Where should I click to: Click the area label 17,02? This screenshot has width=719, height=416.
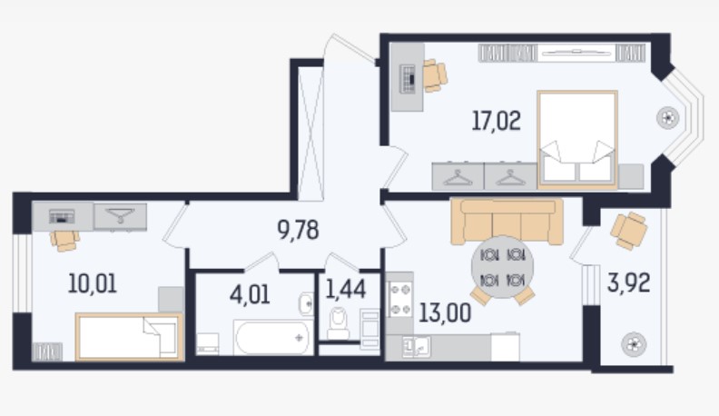(x=497, y=122)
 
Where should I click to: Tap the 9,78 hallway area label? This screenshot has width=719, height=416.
(x=298, y=230)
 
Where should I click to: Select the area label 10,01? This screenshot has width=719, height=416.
(x=93, y=283)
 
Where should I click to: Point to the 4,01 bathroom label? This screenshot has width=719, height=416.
(x=250, y=294)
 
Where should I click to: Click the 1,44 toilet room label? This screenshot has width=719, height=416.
(x=346, y=289)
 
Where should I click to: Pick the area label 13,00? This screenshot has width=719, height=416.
(x=445, y=313)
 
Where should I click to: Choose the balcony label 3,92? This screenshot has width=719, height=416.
(x=628, y=283)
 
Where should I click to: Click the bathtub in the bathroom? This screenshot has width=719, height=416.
(x=273, y=338)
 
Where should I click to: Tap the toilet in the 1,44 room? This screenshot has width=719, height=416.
(x=339, y=323)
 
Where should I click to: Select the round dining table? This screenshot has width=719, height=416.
(x=503, y=267)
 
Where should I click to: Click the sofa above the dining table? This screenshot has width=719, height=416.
(x=507, y=222)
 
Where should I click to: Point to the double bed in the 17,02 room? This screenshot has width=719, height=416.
(x=577, y=140)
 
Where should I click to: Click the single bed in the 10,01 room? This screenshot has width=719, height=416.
(x=130, y=337)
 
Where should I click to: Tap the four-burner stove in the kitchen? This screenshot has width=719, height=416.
(x=399, y=300)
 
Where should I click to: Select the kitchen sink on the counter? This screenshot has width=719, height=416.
(x=416, y=347)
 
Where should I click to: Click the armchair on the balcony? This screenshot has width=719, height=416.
(x=628, y=230)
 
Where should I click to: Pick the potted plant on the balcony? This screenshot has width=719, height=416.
(x=634, y=344)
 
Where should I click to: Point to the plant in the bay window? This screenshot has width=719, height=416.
(x=667, y=118)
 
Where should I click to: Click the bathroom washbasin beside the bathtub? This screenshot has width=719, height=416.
(x=306, y=303)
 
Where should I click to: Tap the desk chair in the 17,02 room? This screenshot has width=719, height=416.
(x=434, y=75)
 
